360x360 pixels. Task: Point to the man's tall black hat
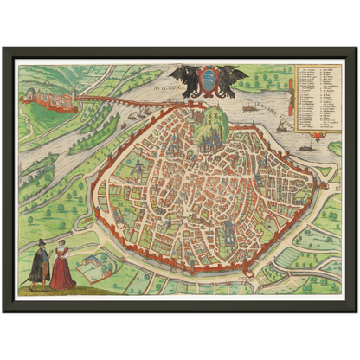pos(39,244)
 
